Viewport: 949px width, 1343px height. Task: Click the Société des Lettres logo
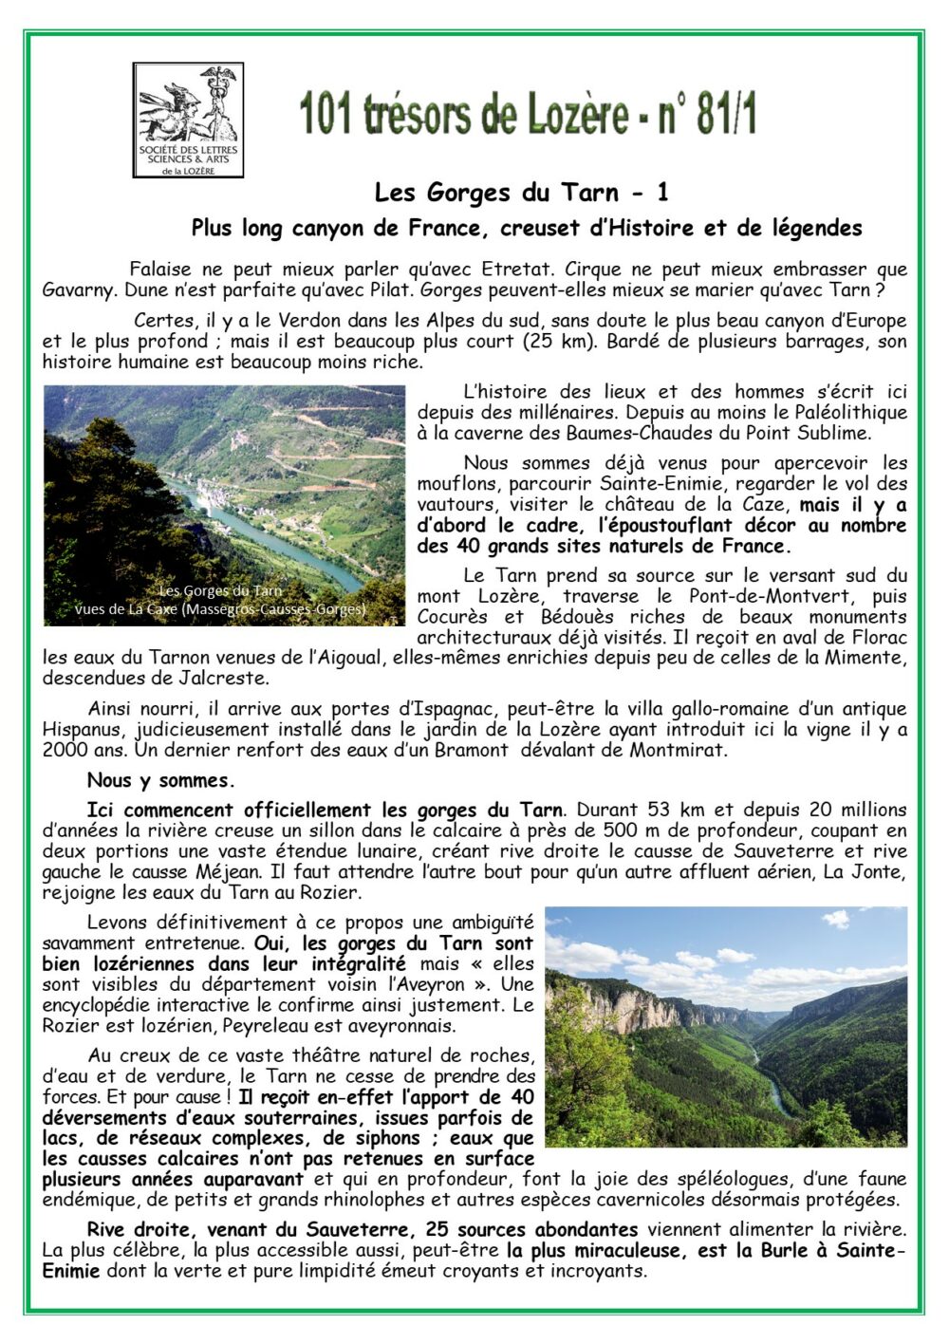pyautogui.click(x=188, y=121)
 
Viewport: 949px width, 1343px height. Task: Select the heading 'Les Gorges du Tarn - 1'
pyautogui.click(x=521, y=193)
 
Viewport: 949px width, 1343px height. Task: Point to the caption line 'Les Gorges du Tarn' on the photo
pyautogui.click(x=220, y=590)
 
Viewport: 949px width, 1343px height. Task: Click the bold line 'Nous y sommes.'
pyautogui.click(x=159, y=781)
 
